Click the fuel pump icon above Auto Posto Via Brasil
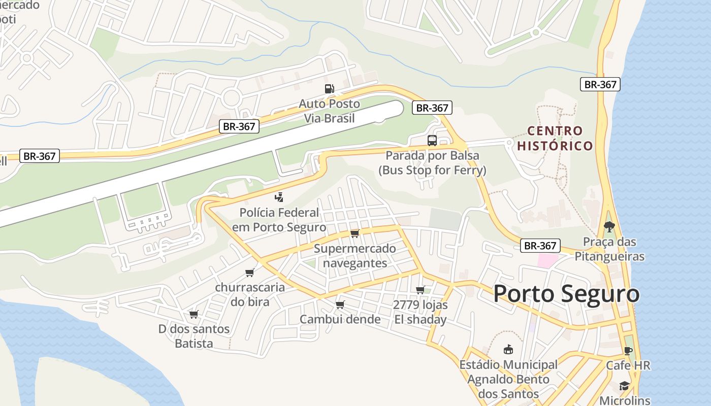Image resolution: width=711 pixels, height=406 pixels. [330, 89]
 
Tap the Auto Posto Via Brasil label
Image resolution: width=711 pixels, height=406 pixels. [329, 111]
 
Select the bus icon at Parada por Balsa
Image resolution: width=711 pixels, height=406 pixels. [432, 141]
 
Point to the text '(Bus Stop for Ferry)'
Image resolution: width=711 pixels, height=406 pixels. [432, 170]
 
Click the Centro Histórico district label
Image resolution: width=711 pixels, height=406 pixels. [555, 138]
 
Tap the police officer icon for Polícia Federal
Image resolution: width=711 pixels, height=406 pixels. [279, 197]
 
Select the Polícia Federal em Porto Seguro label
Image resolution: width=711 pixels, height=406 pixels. [279, 220]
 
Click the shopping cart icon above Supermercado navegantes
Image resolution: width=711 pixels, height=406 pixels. [354, 233]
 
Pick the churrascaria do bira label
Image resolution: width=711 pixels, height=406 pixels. [249, 294]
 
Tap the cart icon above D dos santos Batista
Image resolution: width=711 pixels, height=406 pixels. [193, 315]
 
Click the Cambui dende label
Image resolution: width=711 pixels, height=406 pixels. [340, 319]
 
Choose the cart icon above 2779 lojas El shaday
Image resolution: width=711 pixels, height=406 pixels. [420, 290]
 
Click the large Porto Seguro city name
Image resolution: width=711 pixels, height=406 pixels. [566, 294]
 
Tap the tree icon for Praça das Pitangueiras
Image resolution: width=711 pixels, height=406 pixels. [609, 227]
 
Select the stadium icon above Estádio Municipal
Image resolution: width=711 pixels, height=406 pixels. [508, 350]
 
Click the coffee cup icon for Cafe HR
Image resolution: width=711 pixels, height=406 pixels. [628, 351]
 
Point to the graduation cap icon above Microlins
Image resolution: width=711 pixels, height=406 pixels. [625, 386]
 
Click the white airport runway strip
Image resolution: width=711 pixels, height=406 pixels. [203, 162]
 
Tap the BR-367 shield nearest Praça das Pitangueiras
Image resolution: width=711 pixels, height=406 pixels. [540, 246]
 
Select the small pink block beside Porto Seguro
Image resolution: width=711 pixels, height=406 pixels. [547, 261]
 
